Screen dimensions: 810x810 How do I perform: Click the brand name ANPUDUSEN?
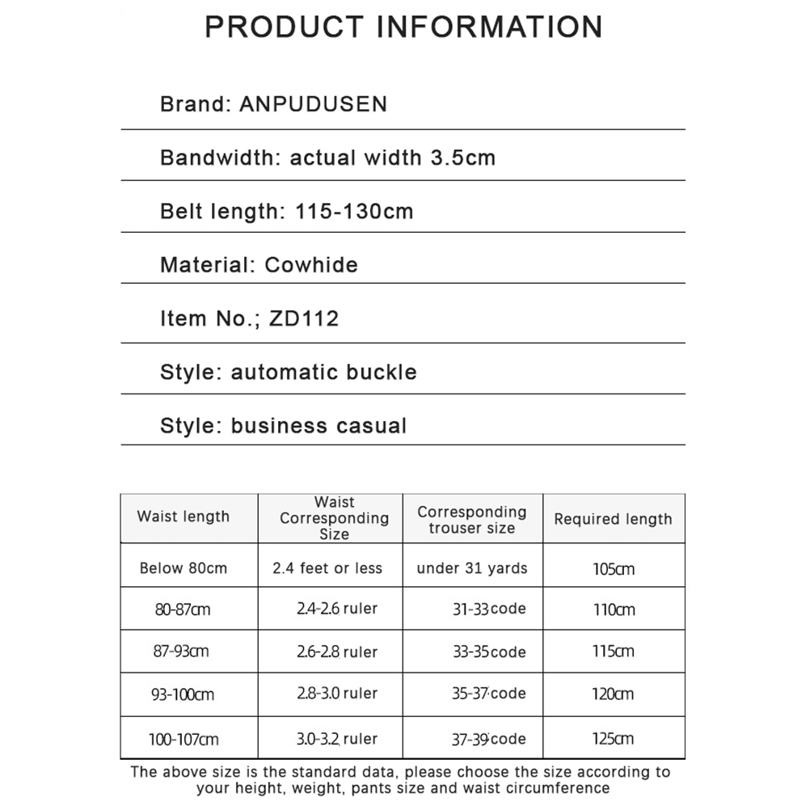[x=314, y=104]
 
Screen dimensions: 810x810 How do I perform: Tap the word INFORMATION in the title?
[x=491, y=26]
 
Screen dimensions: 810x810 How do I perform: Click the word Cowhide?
[x=311, y=265]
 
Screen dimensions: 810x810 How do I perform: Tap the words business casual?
[x=319, y=426]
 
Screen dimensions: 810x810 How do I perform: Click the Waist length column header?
[x=184, y=517]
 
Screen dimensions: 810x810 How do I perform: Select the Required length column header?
[x=613, y=520]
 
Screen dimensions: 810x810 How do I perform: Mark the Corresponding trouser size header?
[x=472, y=520]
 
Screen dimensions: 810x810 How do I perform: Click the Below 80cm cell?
[x=184, y=568]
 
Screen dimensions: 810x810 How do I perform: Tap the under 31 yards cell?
[x=472, y=568]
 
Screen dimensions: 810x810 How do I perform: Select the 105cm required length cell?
[x=614, y=569]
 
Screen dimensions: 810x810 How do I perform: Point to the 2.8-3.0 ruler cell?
[x=337, y=694]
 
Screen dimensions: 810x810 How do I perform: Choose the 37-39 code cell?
[x=489, y=739]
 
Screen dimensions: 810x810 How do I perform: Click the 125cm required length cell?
[x=613, y=739]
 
